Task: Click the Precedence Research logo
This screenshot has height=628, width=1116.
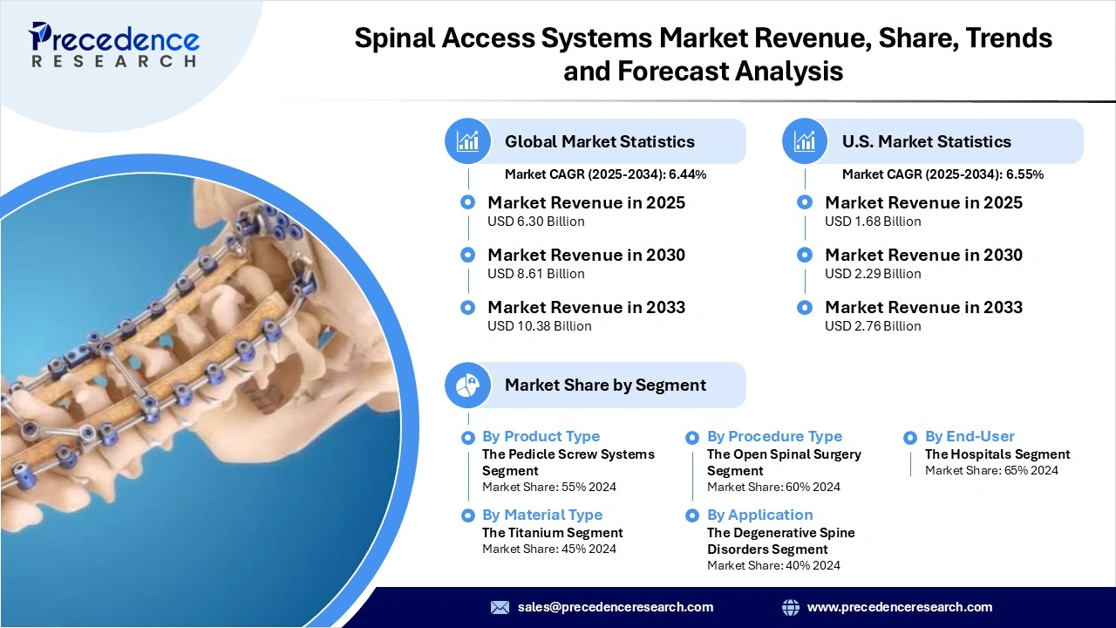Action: tap(113, 44)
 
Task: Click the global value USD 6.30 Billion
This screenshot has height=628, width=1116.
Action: tap(535, 222)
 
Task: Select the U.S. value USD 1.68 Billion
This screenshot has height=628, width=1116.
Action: tap(873, 222)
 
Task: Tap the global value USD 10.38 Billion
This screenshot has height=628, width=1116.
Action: tap(539, 326)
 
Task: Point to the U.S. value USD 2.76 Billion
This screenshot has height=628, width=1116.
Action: tap(873, 326)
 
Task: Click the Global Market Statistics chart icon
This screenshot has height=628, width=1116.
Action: tap(468, 141)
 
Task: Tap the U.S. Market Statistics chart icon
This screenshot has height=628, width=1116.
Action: tap(805, 141)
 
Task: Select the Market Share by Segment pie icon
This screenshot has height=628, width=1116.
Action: tap(468, 385)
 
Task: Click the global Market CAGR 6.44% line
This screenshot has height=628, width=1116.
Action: tap(605, 174)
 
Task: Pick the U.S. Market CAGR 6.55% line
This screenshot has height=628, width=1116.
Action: tap(942, 174)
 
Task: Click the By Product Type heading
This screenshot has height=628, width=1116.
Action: tap(541, 436)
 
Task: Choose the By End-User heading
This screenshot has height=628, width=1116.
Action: tap(970, 436)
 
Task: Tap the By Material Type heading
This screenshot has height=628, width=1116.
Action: tap(541, 515)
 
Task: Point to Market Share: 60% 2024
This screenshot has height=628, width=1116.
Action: tap(773, 487)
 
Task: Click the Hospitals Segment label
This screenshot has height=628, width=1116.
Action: tap(997, 454)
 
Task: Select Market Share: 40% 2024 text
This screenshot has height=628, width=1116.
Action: tap(773, 565)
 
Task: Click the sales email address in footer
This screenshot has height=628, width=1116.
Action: tap(615, 607)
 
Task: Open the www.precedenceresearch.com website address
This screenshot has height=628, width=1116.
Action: tap(899, 607)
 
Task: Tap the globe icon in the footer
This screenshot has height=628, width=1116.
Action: tap(791, 607)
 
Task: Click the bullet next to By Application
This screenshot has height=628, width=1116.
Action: tap(692, 515)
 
